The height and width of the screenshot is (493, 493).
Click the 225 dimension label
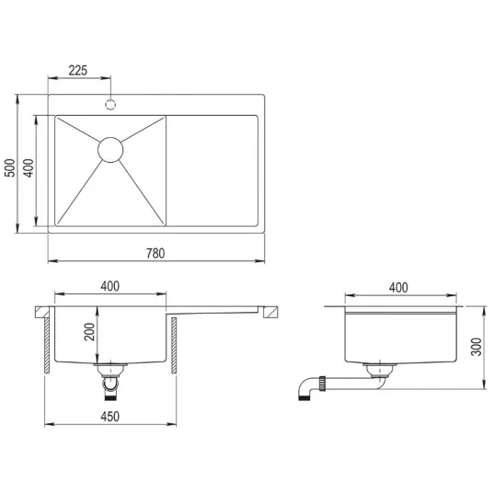coord(77,71)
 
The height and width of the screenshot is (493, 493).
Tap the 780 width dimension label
coord(155,254)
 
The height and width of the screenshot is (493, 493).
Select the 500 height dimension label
coord(10,168)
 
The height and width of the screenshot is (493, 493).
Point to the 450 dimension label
coord(110,417)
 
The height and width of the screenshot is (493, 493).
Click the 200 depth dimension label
coord(89,332)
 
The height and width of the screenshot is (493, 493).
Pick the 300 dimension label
coord(476,347)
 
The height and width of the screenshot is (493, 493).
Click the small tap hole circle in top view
coord(110,104)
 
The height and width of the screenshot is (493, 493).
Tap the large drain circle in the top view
coord(110,150)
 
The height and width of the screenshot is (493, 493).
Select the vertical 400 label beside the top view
coord(29,168)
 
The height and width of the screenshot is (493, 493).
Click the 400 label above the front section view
coord(110,286)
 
